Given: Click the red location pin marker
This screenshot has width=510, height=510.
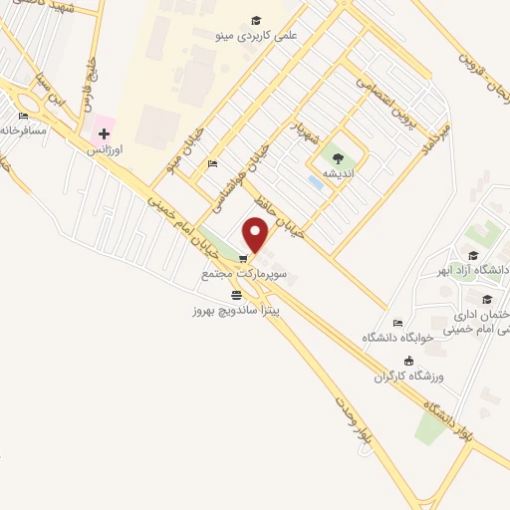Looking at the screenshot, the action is coord(256,235).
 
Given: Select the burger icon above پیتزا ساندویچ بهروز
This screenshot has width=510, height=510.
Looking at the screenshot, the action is coord(236,295).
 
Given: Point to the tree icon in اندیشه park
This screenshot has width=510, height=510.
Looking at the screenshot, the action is coord(337,157).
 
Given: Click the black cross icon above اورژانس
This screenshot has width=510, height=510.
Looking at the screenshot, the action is coord(104,133).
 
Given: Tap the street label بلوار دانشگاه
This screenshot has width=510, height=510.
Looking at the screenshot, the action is coord(449,419).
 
